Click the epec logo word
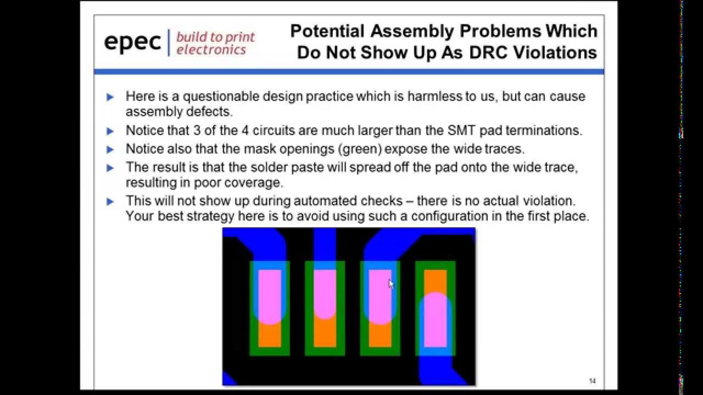(x=132, y=42)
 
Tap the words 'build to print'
(x=215, y=37)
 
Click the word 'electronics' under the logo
(x=211, y=50)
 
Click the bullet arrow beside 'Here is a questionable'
(x=110, y=97)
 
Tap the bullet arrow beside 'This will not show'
(x=110, y=201)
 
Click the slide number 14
(x=592, y=381)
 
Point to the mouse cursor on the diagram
(x=391, y=284)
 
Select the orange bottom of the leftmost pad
(x=270, y=335)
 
